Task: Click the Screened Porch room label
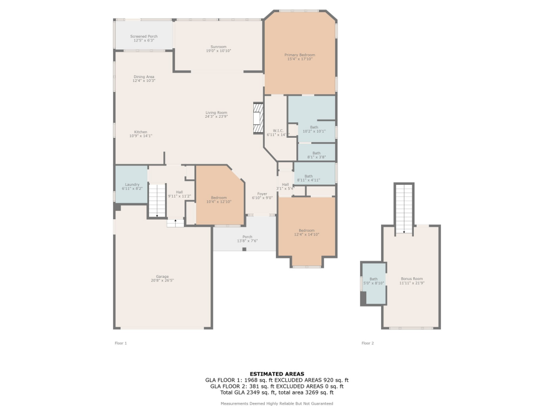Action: coord(144,38)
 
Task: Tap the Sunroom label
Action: coord(218,48)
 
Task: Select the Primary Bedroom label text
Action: coord(300,56)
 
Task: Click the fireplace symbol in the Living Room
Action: coord(258,118)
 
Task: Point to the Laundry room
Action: coord(132,186)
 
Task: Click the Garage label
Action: coord(162,278)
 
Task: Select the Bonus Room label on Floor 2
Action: coord(412,281)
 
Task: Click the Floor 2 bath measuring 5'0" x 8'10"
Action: coord(373,281)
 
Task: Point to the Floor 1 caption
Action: coord(121,343)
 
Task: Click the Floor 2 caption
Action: coord(368,343)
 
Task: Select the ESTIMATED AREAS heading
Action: coord(276,374)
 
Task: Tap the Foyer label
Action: coord(262,196)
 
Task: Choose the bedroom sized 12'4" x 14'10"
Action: coord(306,232)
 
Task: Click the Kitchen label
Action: coord(141,133)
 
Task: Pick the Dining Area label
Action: coord(143,79)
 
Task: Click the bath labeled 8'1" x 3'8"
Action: coord(316,154)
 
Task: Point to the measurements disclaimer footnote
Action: coord(276,404)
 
